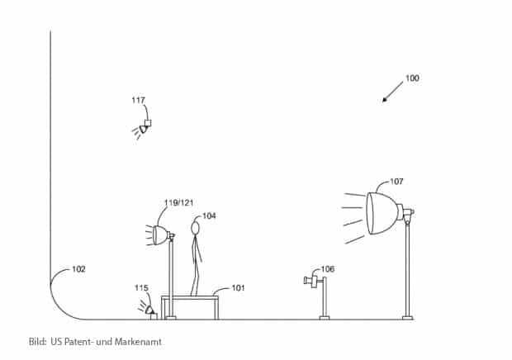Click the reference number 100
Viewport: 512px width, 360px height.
412,78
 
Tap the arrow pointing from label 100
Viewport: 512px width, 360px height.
392,92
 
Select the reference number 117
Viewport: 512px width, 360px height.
138,100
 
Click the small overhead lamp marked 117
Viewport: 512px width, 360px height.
145,126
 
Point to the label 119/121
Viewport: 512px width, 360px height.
178,202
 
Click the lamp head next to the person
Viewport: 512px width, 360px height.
160,234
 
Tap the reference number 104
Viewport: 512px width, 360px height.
209,216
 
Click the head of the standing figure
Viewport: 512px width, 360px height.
196,227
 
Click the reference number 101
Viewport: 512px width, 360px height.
238,288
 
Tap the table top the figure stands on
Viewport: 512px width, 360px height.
191,297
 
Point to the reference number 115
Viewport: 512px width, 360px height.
141,287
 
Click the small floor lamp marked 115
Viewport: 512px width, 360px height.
149,310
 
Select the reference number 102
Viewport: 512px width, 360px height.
78,268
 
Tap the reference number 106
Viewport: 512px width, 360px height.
328,268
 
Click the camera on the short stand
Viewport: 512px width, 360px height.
313,282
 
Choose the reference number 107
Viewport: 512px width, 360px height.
396,181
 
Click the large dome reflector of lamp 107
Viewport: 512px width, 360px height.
381,213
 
